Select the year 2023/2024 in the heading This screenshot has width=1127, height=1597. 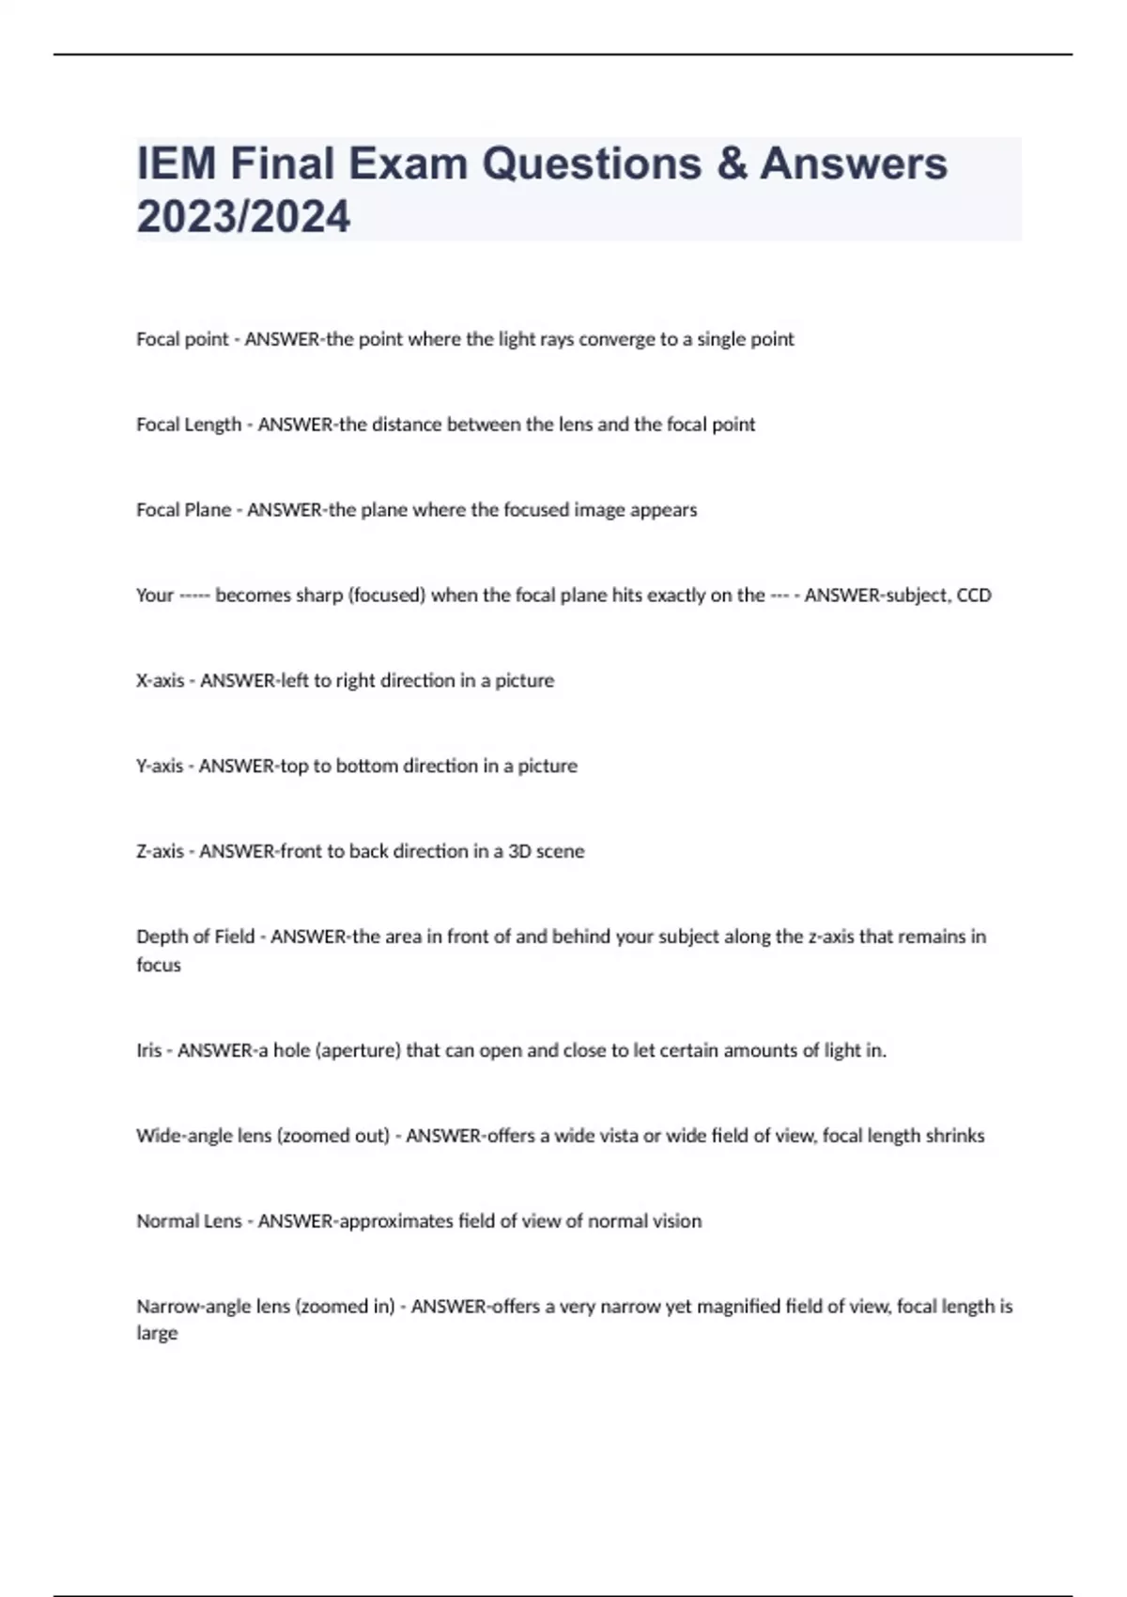(243, 216)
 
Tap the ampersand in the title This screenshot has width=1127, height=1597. (731, 163)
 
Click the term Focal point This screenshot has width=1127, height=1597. (182, 339)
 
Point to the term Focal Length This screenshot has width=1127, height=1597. (189, 425)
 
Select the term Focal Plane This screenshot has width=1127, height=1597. (183, 510)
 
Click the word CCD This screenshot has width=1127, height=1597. (974, 596)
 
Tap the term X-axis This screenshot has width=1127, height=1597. (160, 680)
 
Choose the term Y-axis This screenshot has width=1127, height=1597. (160, 766)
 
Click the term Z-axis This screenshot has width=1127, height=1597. (160, 851)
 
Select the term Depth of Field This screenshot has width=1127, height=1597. (195, 937)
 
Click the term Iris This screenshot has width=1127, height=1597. (148, 1050)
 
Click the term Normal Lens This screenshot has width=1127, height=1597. (189, 1221)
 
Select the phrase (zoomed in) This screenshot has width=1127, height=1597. (345, 1307)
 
